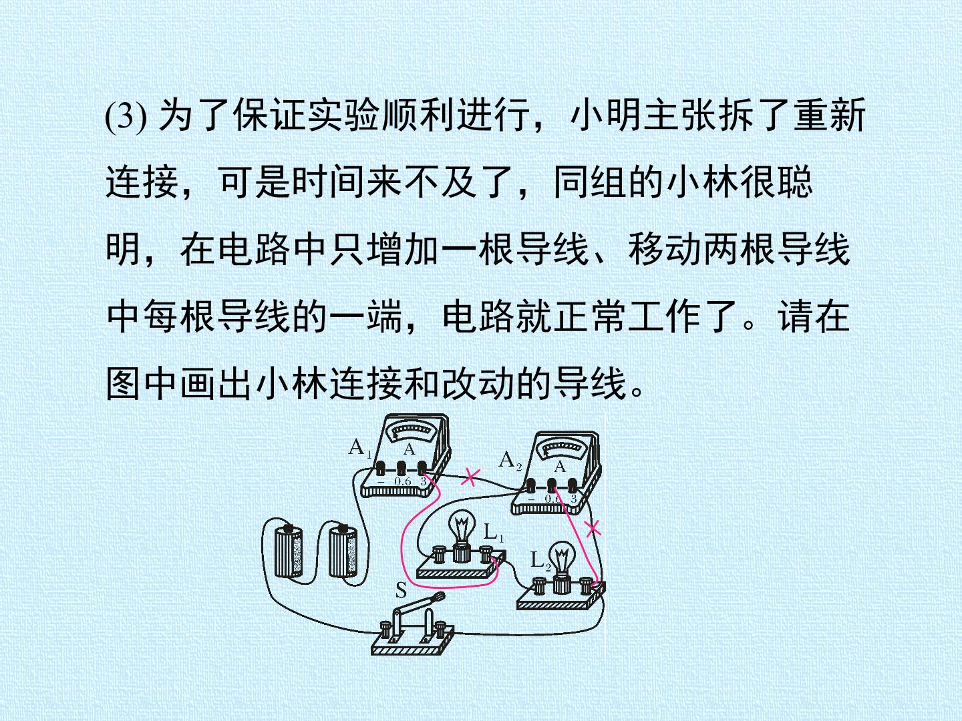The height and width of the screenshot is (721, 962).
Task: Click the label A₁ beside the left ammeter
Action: click(360, 449)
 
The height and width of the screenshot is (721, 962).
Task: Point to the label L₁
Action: click(494, 533)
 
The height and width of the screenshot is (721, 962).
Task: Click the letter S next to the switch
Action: click(401, 591)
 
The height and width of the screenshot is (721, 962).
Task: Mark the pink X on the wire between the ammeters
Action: click(470, 477)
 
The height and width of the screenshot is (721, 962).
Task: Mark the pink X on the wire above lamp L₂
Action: click(593, 529)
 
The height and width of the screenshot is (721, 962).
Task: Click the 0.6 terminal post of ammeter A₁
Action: click(402, 469)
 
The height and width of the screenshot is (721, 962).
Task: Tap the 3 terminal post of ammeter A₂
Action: click(573, 485)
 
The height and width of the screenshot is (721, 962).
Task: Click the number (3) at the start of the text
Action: click(126, 116)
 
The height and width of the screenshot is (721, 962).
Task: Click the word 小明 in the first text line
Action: click(605, 115)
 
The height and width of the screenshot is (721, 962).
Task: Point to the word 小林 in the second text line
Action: click(703, 182)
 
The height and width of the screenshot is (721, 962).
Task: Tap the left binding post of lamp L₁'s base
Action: click(439, 555)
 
